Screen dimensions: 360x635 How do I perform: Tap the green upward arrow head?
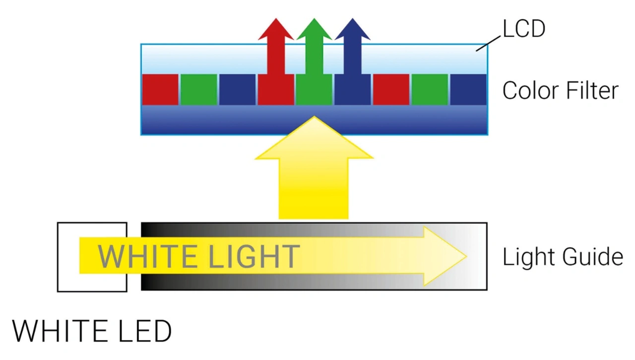coord(314,30)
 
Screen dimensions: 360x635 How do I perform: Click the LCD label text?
coord(524,29)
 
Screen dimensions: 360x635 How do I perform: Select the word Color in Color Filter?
coord(529,91)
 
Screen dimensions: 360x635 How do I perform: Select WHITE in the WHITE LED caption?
coord(62,331)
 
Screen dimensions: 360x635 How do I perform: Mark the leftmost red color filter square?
coord(160,89)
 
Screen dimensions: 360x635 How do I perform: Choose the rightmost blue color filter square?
coord(468,89)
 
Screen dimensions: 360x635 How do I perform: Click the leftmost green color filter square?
coord(198,89)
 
